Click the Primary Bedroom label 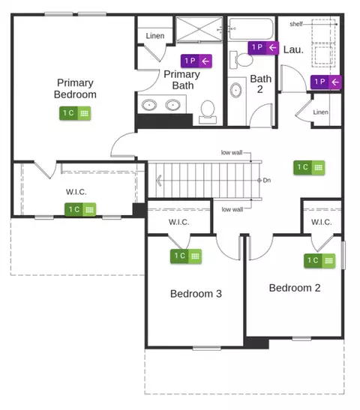[x=75, y=88]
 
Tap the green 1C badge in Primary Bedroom [x=75, y=113]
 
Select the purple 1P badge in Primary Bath [x=196, y=61]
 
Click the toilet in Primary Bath [x=208, y=112]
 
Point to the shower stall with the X [x=199, y=29]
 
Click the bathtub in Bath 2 [x=251, y=28]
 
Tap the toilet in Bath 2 [x=241, y=60]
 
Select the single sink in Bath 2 [x=236, y=90]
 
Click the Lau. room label [x=293, y=49]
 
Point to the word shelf [x=296, y=24]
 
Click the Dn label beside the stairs [x=266, y=180]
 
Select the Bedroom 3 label [x=196, y=294]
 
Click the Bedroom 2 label [x=295, y=288]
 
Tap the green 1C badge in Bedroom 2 [x=319, y=261]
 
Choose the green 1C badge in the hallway [x=309, y=167]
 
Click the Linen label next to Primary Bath [x=155, y=36]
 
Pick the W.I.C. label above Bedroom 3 [x=179, y=223]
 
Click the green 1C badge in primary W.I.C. [x=80, y=210]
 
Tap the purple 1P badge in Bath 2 [x=263, y=47]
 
